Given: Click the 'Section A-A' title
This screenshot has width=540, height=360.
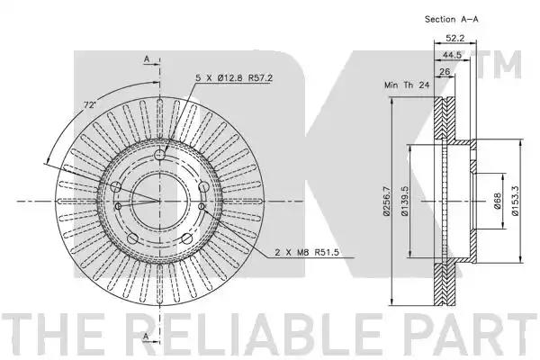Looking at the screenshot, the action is [x=452, y=19].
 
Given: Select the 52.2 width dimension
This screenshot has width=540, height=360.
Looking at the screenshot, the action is [x=454, y=38].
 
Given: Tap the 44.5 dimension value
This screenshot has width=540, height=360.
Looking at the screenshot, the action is [x=452, y=55].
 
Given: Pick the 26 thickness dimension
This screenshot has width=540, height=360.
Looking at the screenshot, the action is [x=445, y=72].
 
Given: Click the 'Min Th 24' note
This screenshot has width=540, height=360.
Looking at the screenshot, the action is [x=407, y=85].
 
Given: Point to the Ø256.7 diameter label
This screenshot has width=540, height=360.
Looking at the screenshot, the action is [x=387, y=202].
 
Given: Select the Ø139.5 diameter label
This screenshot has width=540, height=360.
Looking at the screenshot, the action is [x=405, y=202].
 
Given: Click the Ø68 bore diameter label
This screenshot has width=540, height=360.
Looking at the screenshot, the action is [x=497, y=201].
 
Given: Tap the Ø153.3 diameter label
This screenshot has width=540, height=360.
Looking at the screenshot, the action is [x=515, y=202].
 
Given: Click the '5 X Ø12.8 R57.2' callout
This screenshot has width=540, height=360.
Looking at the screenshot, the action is [x=234, y=78].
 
